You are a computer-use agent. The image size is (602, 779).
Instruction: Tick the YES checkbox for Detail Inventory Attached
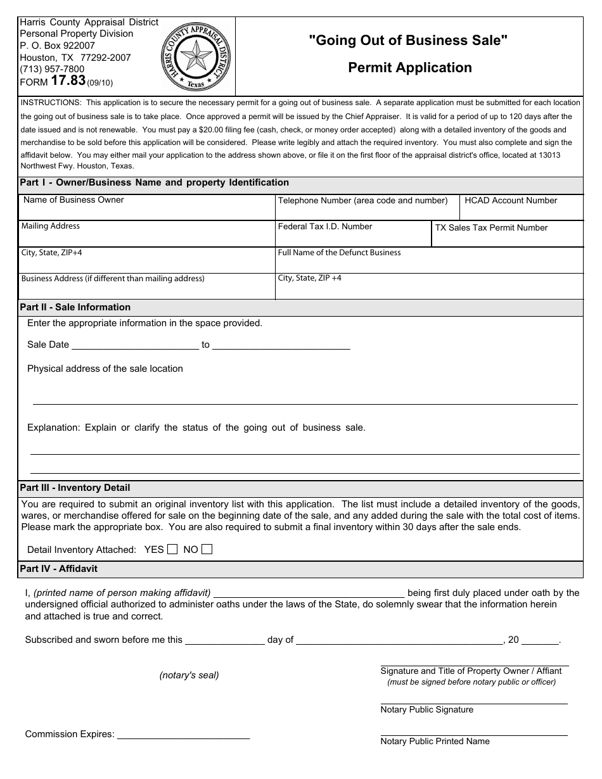point(172,550)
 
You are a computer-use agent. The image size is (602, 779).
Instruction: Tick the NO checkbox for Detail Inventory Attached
point(207,550)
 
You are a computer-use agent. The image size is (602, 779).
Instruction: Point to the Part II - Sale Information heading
point(75,307)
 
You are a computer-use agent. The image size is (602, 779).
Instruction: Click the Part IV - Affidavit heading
point(58,569)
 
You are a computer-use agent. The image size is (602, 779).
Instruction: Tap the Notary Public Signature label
point(426,710)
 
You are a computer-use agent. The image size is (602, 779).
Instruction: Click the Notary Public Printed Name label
point(435,741)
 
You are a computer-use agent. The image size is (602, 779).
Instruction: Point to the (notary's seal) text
point(189,675)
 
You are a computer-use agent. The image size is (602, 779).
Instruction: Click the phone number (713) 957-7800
point(52,69)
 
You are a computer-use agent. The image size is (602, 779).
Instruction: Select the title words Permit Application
point(409,68)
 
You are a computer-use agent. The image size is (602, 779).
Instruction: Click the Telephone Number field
point(365,212)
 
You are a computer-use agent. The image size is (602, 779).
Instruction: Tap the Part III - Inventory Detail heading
point(75,488)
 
